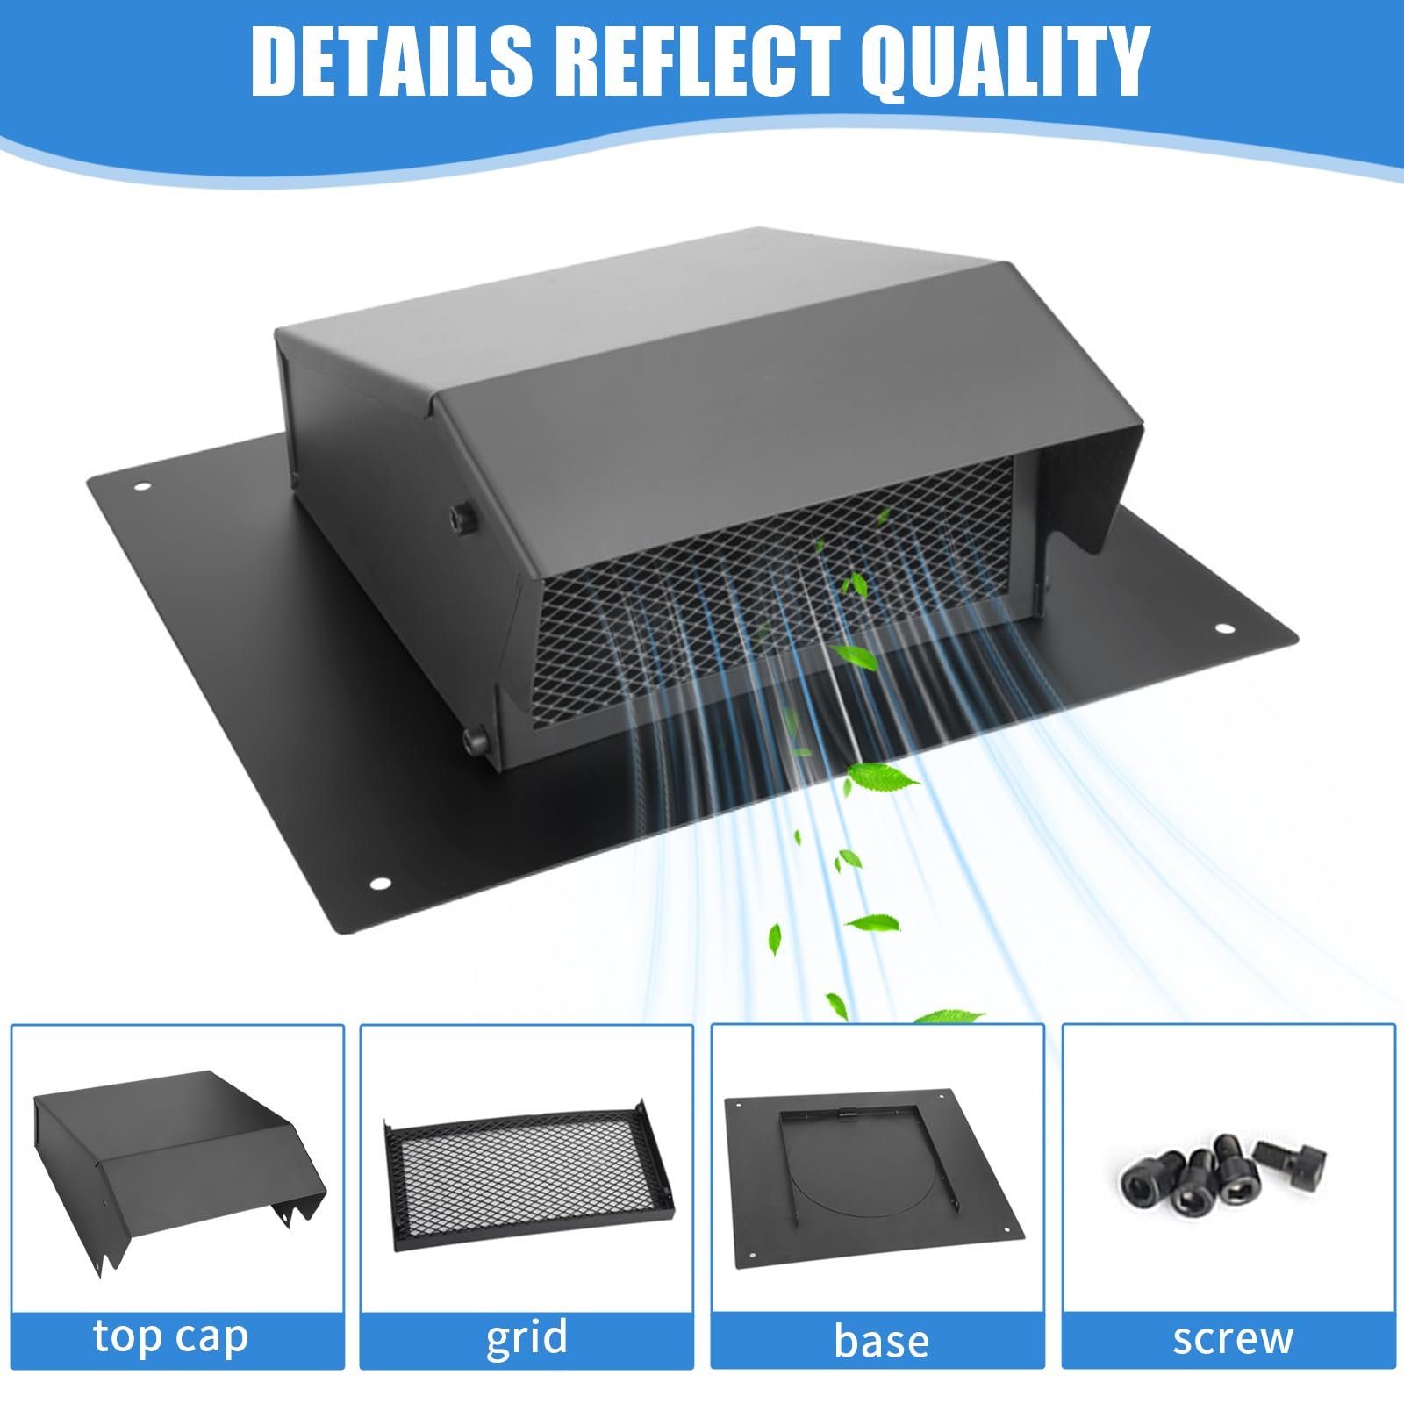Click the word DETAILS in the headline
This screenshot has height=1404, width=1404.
(x=391, y=61)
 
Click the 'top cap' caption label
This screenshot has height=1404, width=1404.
(x=171, y=1338)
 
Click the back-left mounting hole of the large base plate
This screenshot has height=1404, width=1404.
(x=141, y=487)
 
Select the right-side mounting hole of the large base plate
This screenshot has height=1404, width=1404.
(x=1223, y=629)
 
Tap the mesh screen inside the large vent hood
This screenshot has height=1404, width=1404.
(x=772, y=597)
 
